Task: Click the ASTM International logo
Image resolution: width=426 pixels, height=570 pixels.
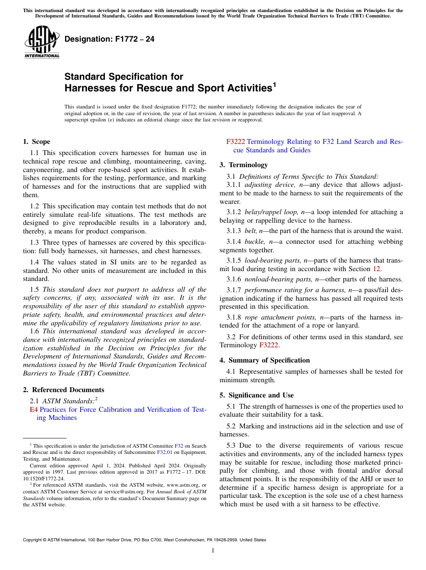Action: pos(42,42)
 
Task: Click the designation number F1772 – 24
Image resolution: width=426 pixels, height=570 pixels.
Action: pos(109,39)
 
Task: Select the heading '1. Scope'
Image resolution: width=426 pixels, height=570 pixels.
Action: pos(36,142)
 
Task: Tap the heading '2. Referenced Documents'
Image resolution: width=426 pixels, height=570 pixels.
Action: pos(63,390)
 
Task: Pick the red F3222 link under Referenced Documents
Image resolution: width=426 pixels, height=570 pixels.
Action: pos(235,142)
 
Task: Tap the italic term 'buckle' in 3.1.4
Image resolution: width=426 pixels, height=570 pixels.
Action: pos(255,242)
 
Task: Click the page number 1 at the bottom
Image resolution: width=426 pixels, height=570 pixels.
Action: pos(213,551)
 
